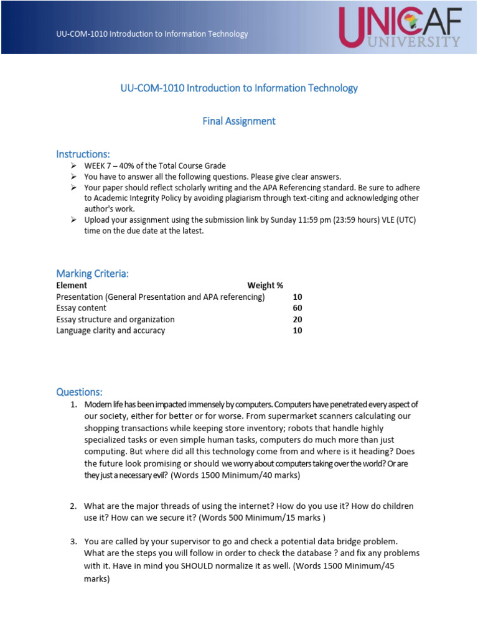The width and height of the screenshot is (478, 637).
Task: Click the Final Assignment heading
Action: pos(239,121)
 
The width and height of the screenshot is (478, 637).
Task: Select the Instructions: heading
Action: pos(83,154)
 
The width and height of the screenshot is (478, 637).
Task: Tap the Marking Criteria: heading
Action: pos(92,274)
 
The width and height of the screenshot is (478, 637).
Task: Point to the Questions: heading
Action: pos(79,392)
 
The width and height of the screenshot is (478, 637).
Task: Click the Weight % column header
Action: pos(265,286)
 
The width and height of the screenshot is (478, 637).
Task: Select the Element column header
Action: pos(72,286)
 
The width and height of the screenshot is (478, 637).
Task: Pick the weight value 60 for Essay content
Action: pos(298,308)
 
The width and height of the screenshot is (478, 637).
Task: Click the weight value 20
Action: pos(298,319)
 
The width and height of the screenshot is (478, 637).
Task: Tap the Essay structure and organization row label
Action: pos(115,319)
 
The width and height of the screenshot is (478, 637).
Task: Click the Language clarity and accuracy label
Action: pos(111,330)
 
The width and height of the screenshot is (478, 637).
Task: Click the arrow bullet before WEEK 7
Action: pos(73,166)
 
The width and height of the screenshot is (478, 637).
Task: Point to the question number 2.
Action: pos(73,506)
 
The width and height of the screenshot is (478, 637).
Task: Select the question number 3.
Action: pos(73,541)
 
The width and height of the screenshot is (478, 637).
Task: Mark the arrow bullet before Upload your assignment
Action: pos(73,220)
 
